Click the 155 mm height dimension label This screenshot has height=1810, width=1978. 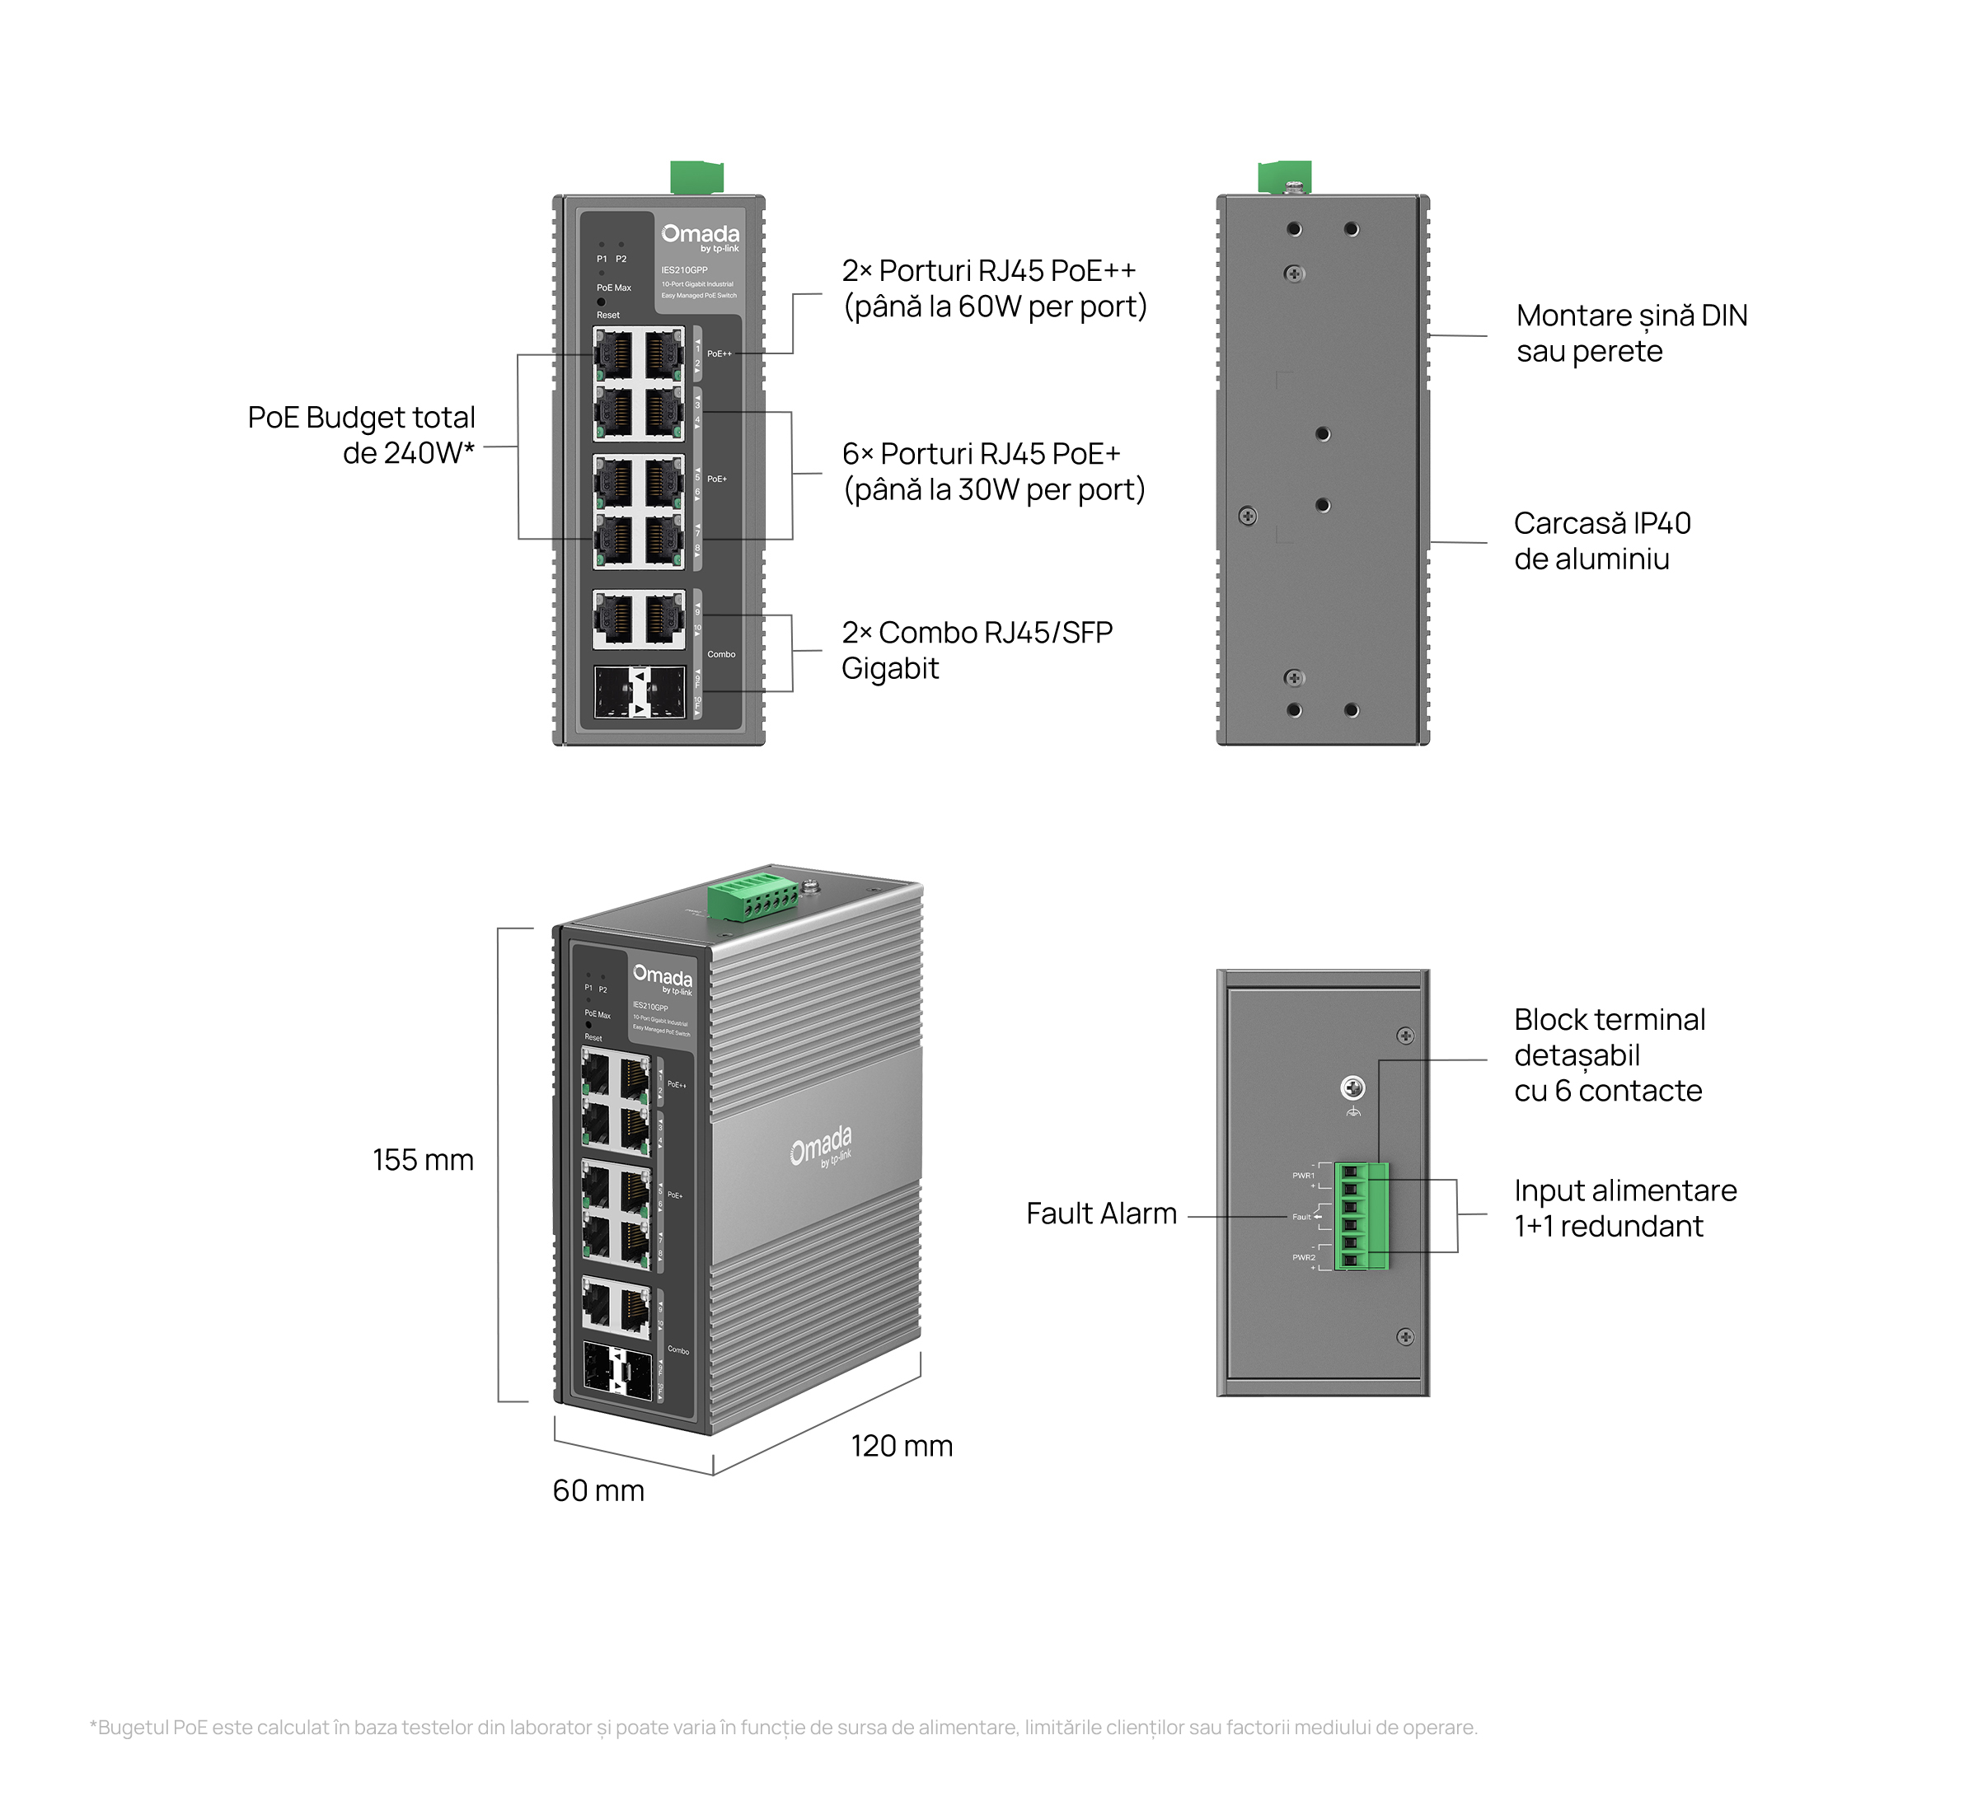coord(423,1160)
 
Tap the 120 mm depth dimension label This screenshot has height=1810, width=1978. coord(901,1445)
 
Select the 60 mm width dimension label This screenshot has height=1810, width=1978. coord(598,1490)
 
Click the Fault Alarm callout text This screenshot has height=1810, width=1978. coord(1101,1214)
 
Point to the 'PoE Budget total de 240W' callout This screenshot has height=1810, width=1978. coord(361,435)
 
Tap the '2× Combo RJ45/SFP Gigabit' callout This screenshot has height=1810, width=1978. coord(977,649)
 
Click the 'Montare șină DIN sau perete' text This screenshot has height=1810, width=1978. coord(1631,333)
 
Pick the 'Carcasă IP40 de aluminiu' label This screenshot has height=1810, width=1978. coord(1601,540)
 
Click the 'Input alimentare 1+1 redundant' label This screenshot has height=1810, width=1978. coord(1624,1208)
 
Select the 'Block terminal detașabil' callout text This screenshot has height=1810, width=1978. coord(1609,1055)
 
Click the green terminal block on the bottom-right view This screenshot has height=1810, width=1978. coord(1362,1217)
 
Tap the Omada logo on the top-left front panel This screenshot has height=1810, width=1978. coord(700,236)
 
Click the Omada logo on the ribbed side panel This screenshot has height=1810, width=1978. coord(820,1146)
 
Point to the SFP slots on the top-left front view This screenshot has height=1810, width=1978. coord(639,693)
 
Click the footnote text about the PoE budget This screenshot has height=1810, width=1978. coord(783,1728)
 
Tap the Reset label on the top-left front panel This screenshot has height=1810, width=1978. coord(608,315)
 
